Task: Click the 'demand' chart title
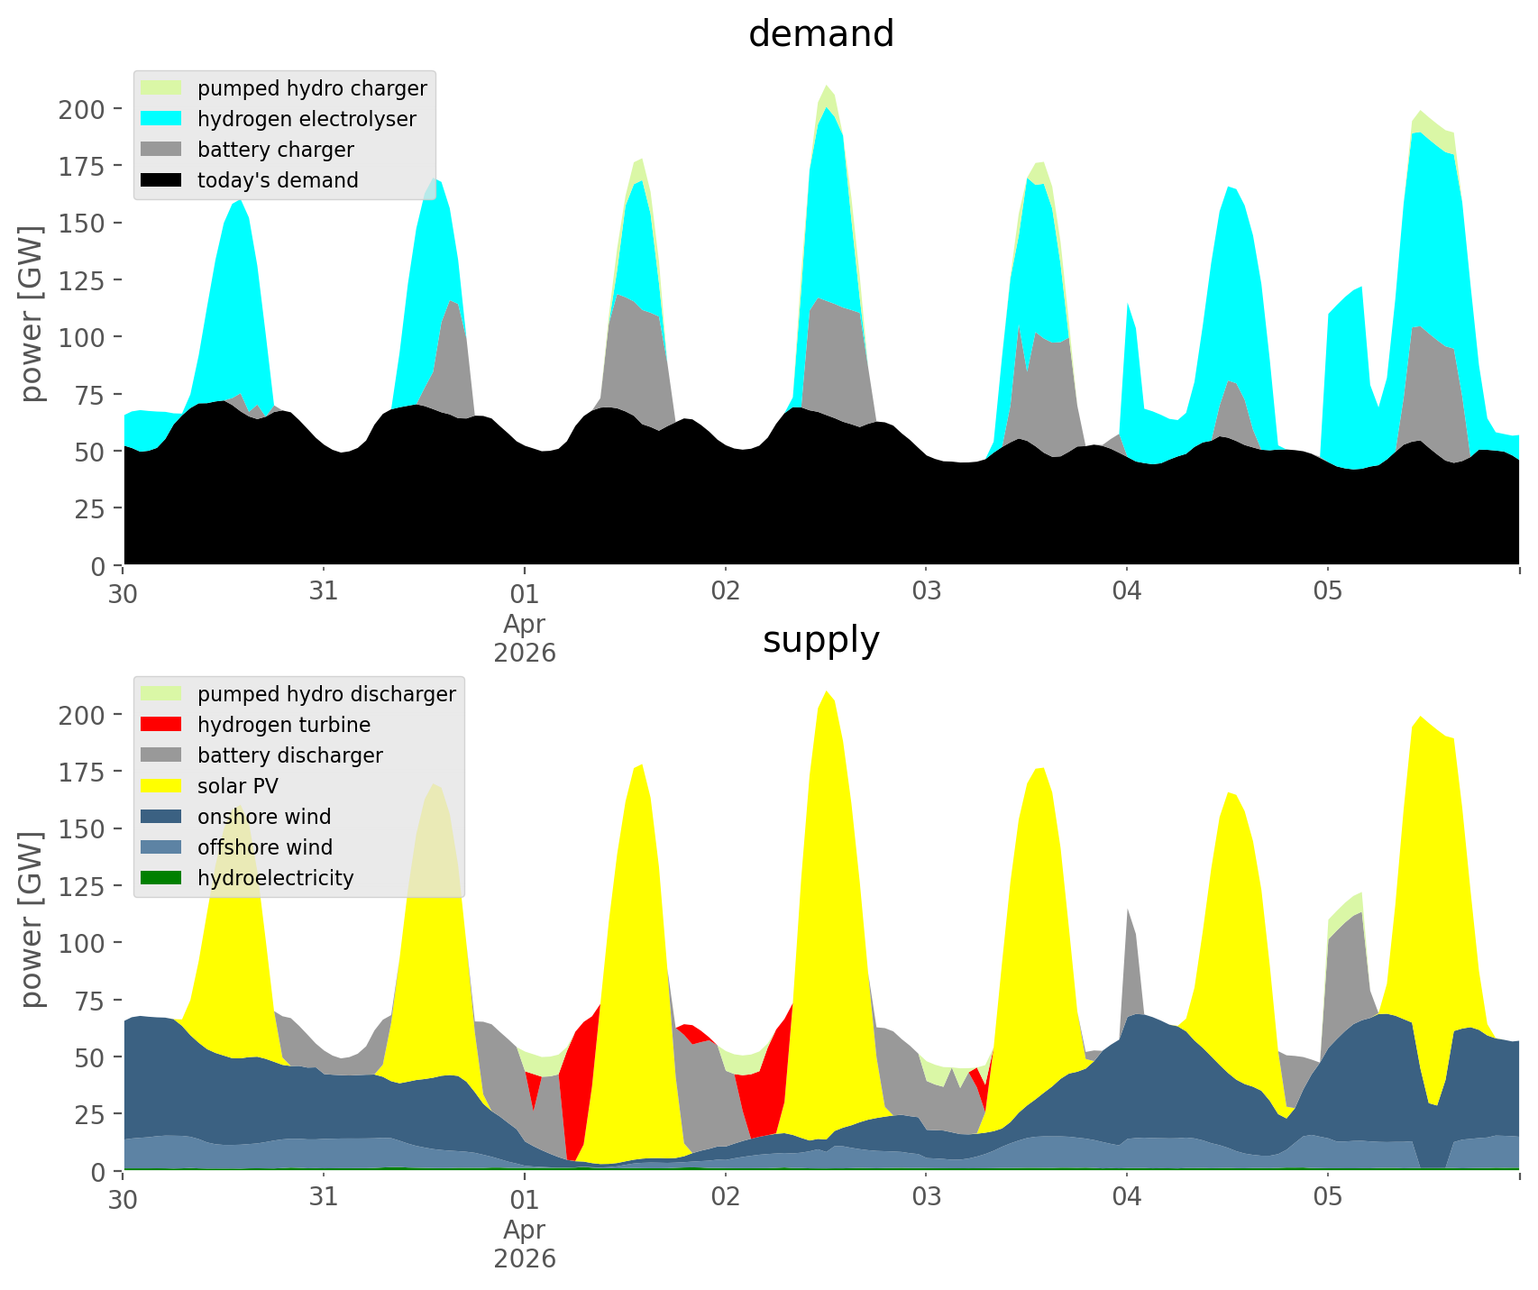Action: pyautogui.click(x=820, y=34)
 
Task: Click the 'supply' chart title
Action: pyautogui.click(x=820, y=640)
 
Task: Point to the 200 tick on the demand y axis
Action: pyautogui.click(x=82, y=110)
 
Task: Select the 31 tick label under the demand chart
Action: pyautogui.click(x=323, y=593)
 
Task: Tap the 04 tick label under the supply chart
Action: pyautogui.click(x=1126, y=1198)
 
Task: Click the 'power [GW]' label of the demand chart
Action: pyautogui.click(x=32, y=314)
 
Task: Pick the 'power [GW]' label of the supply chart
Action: pyautogui.click(x=32, y=919)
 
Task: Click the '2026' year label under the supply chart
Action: pyautogui.click(x=524, y=1258)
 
